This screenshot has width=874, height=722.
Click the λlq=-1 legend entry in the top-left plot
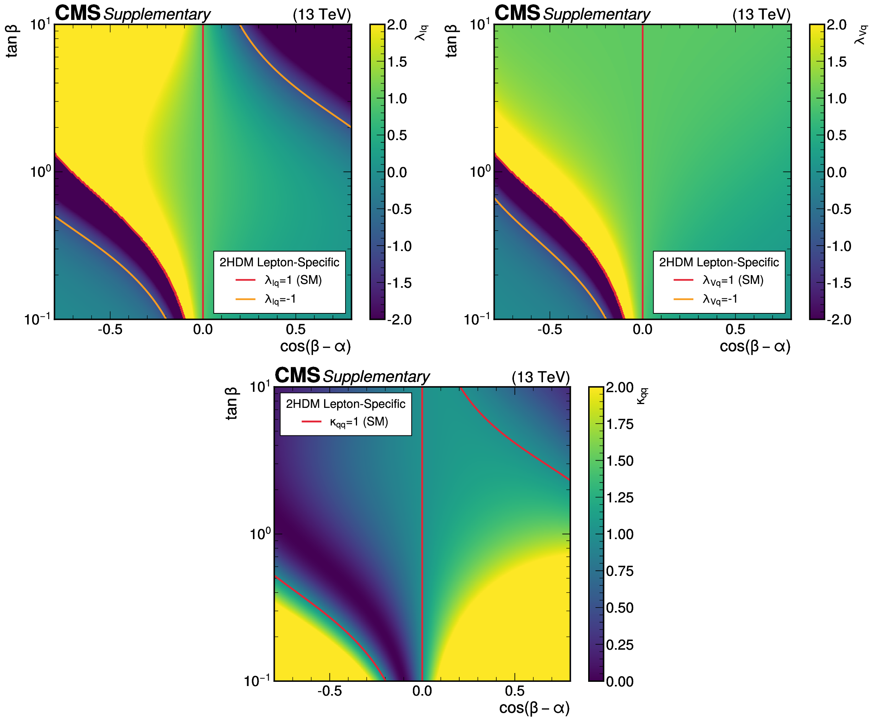[280, 299]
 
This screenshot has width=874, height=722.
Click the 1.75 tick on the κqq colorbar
[620, 424]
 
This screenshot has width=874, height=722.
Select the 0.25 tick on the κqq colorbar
[620, 645]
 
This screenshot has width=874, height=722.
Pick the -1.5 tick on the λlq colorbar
[399, 283]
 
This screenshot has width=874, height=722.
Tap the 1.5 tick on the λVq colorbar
[836, 62]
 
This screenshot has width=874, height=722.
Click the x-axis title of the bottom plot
[534, 707]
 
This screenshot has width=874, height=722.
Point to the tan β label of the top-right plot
[452, 41]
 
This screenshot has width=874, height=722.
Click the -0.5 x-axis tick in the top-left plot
[110, 330]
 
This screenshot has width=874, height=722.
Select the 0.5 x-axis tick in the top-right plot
[735, 330]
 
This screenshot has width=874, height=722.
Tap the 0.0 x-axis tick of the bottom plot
[422, 691]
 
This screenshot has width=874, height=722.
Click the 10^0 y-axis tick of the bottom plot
[259, 534]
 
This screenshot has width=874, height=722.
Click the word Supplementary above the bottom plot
[377, 377]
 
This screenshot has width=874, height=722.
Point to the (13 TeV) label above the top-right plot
[761, 15]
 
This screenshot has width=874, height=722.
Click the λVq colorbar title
[861, 35]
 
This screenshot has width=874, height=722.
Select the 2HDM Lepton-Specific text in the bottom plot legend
[345, 404]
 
